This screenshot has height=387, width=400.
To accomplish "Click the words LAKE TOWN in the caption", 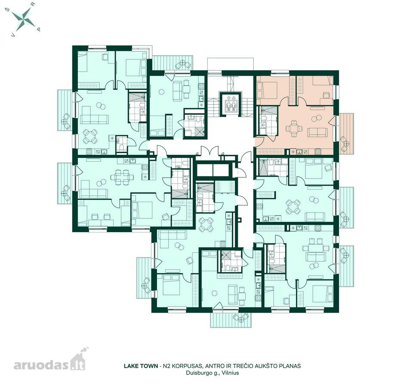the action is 141,366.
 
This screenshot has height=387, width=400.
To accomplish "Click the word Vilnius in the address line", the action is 231,373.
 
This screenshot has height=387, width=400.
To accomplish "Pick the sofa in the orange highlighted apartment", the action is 317,132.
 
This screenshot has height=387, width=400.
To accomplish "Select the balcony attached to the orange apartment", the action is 346,134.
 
